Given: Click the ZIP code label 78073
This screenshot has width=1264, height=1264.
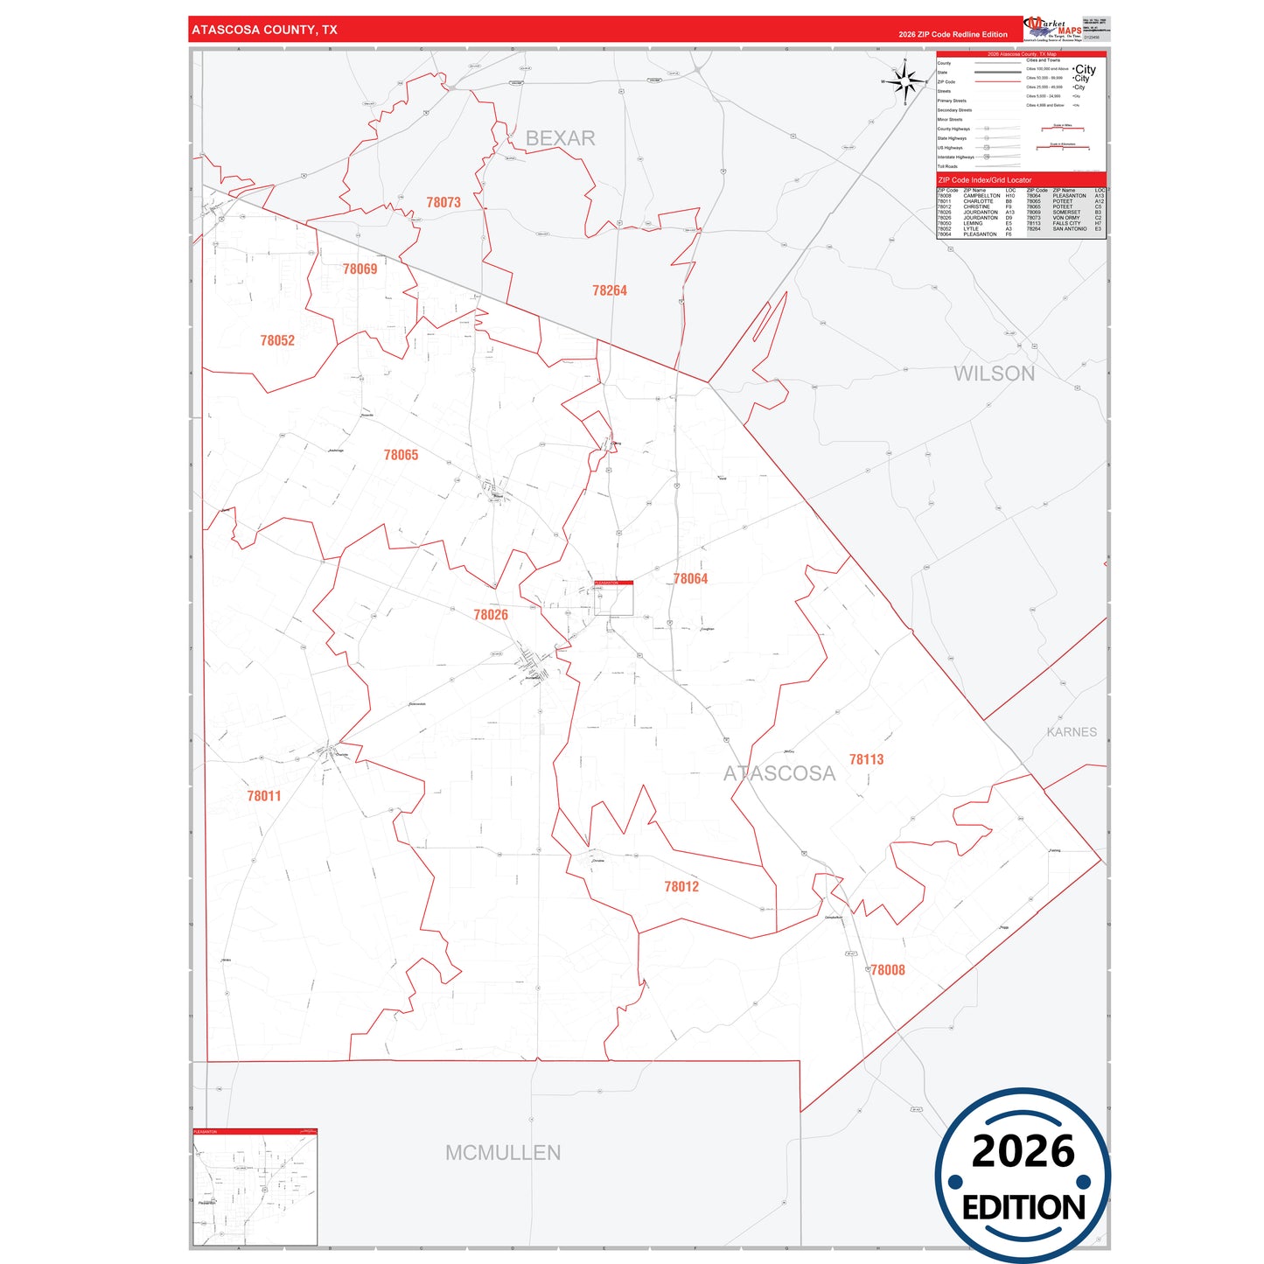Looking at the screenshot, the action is click(443, 202).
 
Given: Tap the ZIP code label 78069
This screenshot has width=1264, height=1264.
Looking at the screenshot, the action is click(360, 269).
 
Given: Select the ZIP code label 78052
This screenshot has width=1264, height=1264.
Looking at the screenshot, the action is click(277, 340).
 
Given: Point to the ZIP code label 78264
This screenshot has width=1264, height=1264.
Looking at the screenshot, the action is click(610, 290).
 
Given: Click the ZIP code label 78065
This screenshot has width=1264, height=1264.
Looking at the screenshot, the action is click(401, 455).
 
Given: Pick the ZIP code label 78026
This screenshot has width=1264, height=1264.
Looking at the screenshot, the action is click(491, 615).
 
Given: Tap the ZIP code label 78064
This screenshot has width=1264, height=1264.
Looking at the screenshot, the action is click(690, 578).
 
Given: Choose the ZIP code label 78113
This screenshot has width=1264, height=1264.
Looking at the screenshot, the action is click(866, 759).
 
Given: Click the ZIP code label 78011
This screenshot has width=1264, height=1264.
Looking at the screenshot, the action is click(264, 796).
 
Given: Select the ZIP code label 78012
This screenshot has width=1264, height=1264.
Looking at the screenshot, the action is click(681, 886).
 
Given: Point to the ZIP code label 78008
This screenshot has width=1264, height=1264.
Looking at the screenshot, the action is click(888, 969).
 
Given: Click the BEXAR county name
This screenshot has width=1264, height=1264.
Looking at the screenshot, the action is click(560, 138).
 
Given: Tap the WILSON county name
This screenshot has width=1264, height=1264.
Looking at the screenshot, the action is click(994, 374).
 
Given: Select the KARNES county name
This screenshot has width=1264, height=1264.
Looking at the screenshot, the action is click(1072, 731).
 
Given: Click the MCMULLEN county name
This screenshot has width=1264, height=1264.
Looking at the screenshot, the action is click(503, 1152).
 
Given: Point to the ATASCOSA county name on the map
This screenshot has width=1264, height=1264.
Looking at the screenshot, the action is click(779, 773).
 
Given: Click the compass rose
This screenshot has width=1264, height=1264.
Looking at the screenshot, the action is click(906, 82).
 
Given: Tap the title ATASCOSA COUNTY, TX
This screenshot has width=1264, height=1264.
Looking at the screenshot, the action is click(264, 30).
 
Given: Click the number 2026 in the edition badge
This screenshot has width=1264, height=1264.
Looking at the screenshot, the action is click(1023, 1151).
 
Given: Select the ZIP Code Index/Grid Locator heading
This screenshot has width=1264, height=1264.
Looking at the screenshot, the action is click(985, 180).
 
